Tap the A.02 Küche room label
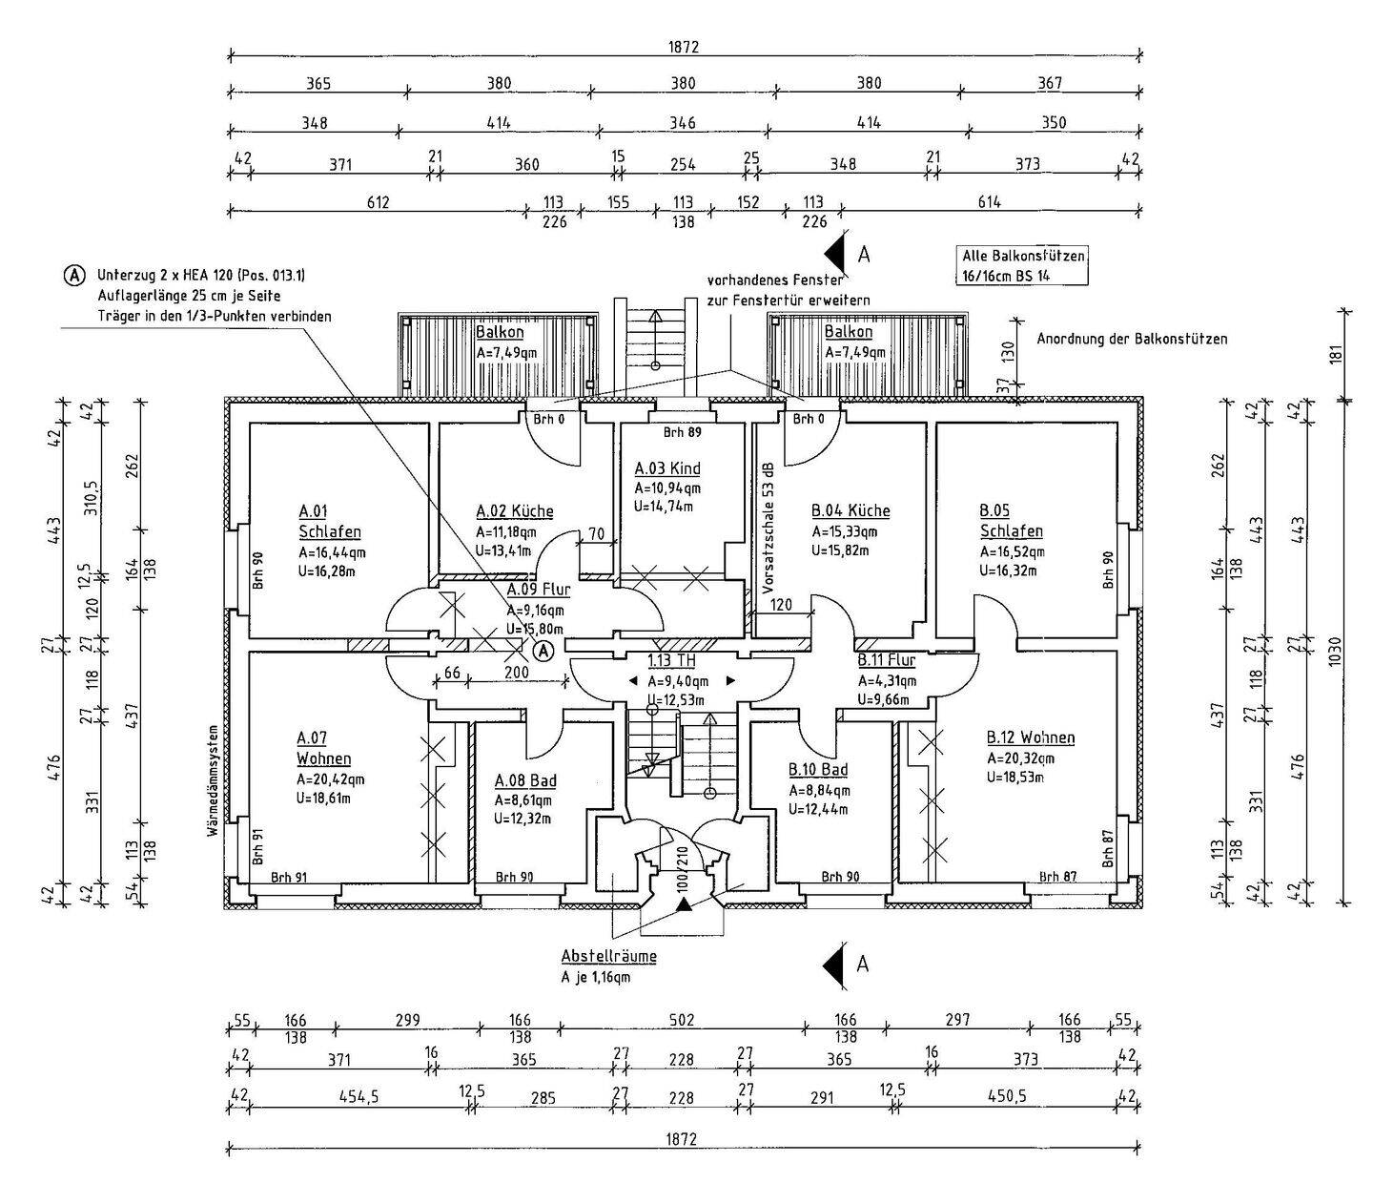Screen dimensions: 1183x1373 click(x=514, y=511)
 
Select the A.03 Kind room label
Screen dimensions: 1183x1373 click(x=667, y=468)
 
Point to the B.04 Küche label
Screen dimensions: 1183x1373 click(x=850, y=511)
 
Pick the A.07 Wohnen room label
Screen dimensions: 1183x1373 click(x=324, y=748)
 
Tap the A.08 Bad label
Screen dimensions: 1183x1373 click(x=525, y=780)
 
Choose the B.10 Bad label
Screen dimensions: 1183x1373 click(x=818, y=770)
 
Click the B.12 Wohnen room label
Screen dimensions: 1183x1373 click(x=1031, y=737)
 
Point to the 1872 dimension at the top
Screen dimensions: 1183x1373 click(x=684, y=47)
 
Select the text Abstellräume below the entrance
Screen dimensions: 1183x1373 click(x=608, y=956)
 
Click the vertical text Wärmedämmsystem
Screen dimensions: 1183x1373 click(x=215, y=780)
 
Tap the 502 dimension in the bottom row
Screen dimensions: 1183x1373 click(x=681, y=1020)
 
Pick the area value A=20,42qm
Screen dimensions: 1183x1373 click(x=331, y=778)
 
